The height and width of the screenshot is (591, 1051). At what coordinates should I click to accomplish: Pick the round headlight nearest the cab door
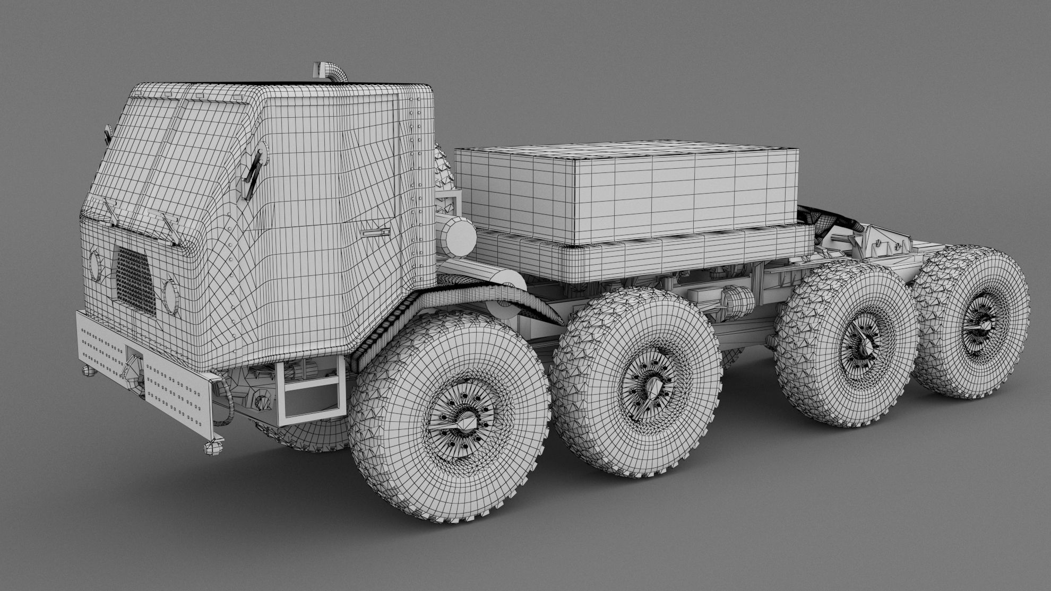click(x=171, y=295)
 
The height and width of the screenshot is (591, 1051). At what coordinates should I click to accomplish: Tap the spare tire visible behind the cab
click(x=443, y=170)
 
